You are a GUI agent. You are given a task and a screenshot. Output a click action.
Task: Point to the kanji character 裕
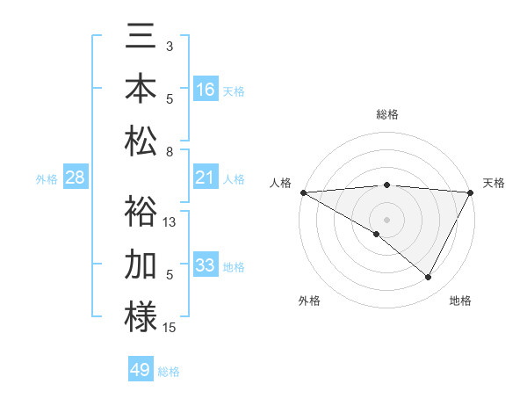141,212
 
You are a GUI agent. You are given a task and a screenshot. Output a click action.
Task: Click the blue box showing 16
206,90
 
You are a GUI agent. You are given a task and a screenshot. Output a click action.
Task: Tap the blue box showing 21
206,178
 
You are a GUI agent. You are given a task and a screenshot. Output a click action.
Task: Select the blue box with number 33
206,265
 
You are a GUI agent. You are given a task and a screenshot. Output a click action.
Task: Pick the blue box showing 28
76,178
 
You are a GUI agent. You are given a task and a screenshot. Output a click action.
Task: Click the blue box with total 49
141,370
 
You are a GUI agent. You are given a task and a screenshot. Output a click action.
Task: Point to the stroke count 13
170,222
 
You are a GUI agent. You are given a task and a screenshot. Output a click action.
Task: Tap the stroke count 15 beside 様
170,328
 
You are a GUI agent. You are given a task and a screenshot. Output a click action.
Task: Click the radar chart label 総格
387,114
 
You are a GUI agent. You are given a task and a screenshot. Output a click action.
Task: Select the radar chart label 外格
309,301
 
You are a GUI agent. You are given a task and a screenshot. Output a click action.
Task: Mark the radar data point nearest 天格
471,192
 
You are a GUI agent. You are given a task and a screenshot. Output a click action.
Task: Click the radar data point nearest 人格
303,192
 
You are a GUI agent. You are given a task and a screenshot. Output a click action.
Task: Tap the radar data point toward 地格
429,278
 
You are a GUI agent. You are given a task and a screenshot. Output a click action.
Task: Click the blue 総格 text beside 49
169,372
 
